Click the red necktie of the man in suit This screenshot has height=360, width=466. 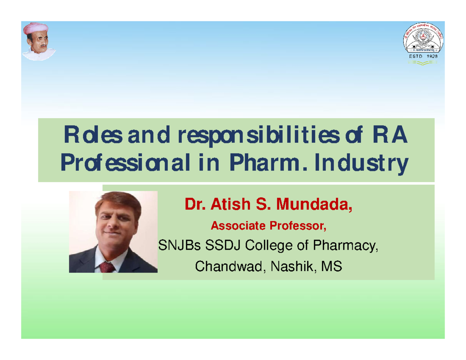[x=107, y=267]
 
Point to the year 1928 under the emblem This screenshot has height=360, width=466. [x=430, y=57]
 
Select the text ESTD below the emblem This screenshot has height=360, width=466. [x=412, y=57]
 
